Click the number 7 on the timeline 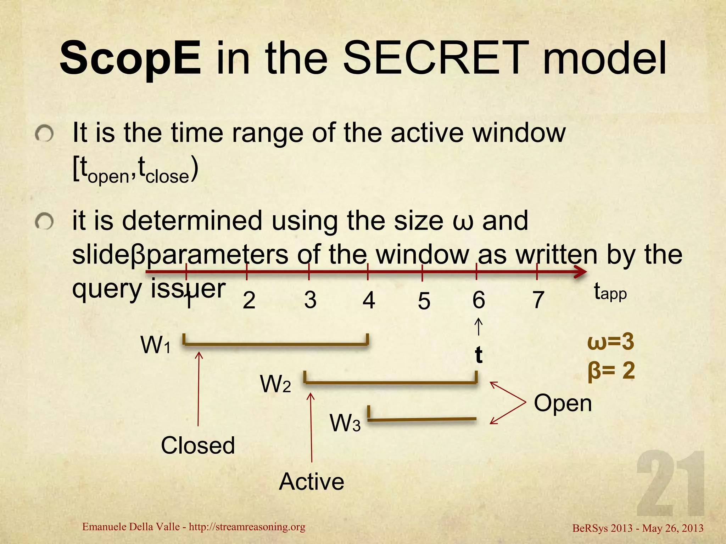click(x=538, y=300)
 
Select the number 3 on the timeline click(x=310, y=300)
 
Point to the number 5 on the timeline click(x=424, y=301)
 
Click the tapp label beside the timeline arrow click(x=610, y=293)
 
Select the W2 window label click(x=275, y=384)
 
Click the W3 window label click(x=345, y=423)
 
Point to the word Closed click(x=198, y=445)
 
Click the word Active click(x=311, y=482)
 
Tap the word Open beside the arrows click(x=563, y=403)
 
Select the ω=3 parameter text click(x=610, y=342)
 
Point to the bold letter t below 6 click(x=479, y=355)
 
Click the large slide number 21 click(x=670, y=484)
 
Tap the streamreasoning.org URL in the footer click(x=247, y=527)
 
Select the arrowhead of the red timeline click(x=581, y=272)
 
